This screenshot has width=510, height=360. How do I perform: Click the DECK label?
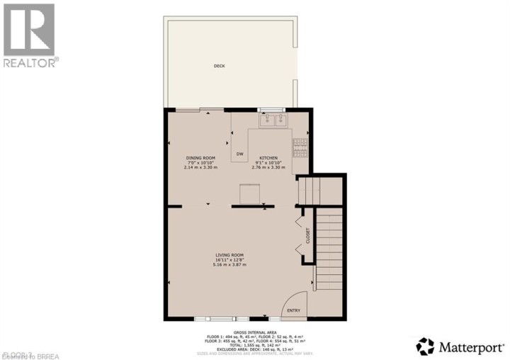219,66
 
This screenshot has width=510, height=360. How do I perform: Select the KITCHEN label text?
268,157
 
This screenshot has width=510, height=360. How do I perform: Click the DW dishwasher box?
239,154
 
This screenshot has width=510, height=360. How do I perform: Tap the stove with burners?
301,146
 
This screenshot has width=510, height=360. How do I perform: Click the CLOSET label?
308,235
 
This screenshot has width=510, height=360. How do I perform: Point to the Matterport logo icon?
425,346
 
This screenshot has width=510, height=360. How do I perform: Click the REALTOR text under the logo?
29,62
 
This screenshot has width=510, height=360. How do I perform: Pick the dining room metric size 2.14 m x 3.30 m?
200,167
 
